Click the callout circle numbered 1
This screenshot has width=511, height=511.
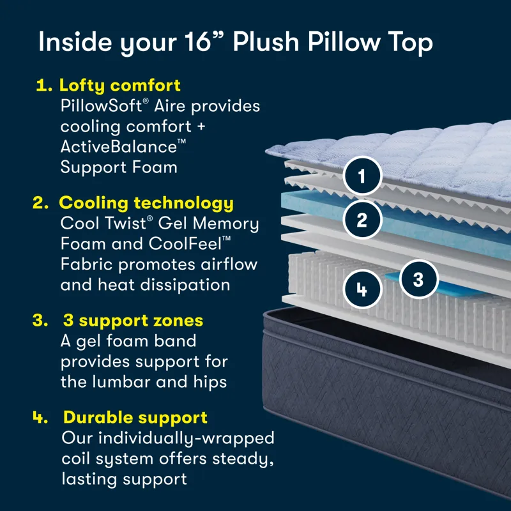click(362, 175)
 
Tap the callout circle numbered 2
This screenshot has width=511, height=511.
click(362, 220)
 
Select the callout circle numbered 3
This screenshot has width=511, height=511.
click(418, 279)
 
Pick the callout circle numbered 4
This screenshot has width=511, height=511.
click(362, 289)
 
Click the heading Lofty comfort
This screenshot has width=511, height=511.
click(119, 85)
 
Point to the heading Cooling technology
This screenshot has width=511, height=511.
click(146, 203)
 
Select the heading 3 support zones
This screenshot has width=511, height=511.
click(133, 321)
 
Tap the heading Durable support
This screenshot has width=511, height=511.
click(135, 418)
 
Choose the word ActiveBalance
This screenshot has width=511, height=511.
click(119, 146)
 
